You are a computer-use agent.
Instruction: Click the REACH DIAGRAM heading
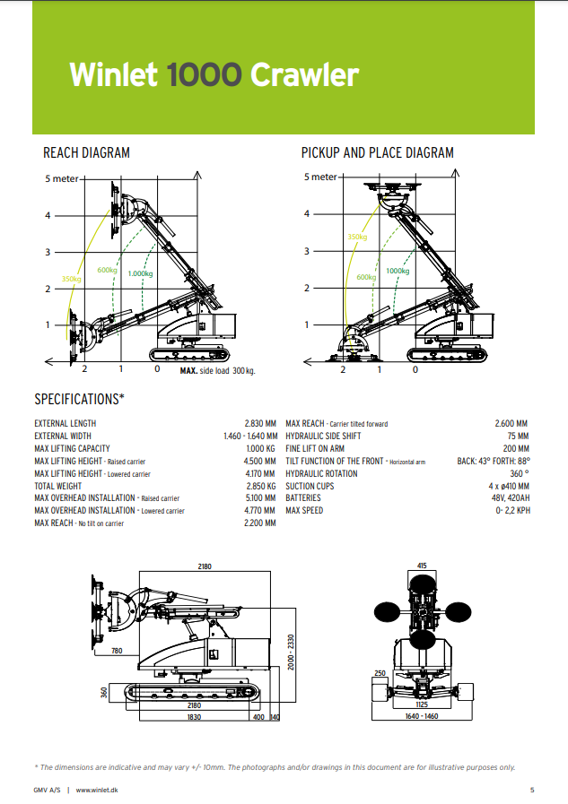pyautogui.click(x=86, y=153)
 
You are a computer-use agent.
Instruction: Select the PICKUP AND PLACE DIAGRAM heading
pyautogui.click(x=377, y=153)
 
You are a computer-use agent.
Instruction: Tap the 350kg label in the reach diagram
pyautogui.click(x=72, y=279)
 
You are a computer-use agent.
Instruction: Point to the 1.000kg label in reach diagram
pyautogui.click(x=140, y=273)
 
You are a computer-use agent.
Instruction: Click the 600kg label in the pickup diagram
pyautogui.click(x=366, y=277)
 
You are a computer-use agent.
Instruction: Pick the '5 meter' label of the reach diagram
pyautogui.click(x=62, y=178)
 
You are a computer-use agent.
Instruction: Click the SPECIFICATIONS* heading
pyautogui.click(x=79, y=399)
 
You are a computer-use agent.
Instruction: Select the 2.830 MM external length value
pyautogui.click(x=259, y=424)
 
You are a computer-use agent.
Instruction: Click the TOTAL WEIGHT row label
pyautogui.click(x=58, y=486)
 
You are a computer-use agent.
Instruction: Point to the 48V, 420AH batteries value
pyautogui.click(x=508, y=498)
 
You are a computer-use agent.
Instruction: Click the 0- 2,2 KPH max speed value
pyautogui.click(x=511, y=511)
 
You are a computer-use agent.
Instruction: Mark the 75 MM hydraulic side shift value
pyautogui.click(x=518, y=437)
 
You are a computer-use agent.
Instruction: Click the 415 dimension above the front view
pyautogui.click(x=421, y=566)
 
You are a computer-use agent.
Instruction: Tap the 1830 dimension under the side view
pyautogui.click(x=193, y=717)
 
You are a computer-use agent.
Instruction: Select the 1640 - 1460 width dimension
pyautogui.click(x=421, y=717)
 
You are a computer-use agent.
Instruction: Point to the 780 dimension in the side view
pyautogui.click(x=117, y=652)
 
